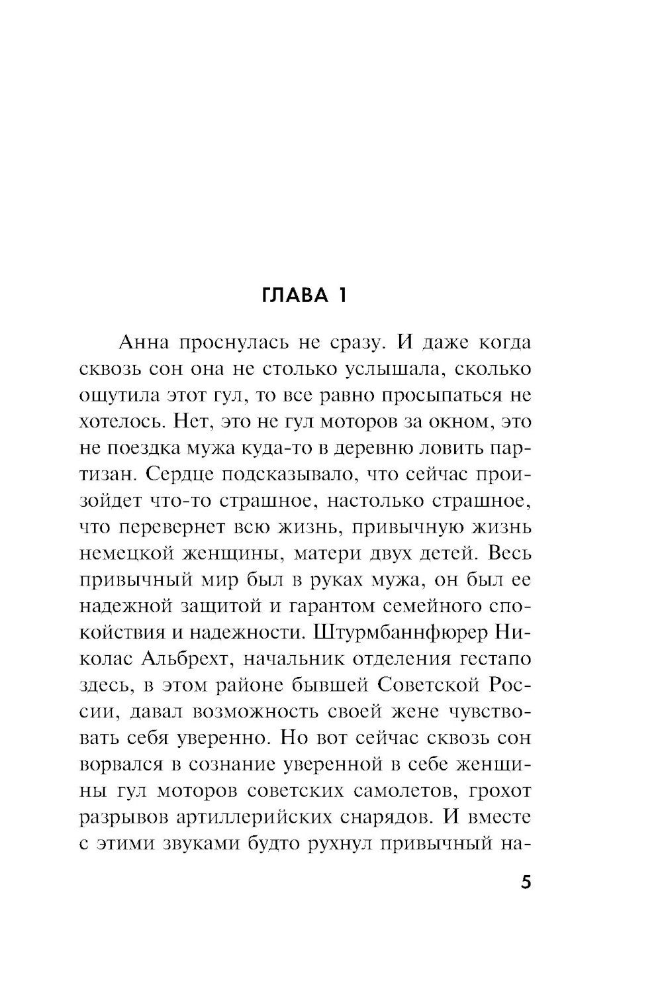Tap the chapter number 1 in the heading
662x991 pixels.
341,295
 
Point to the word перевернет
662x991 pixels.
175,527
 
